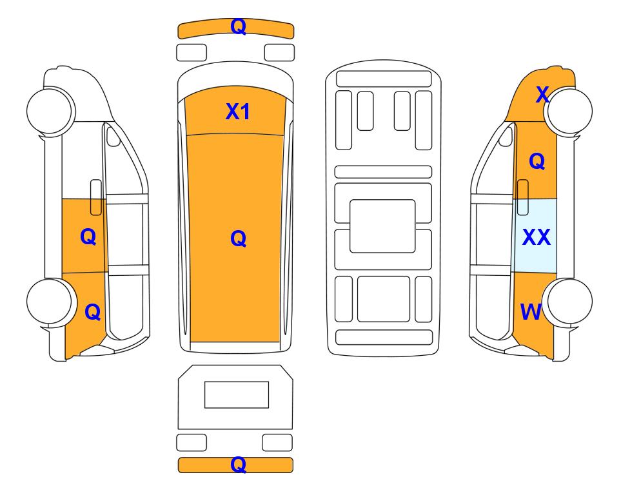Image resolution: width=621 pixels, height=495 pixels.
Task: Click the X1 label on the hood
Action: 237,112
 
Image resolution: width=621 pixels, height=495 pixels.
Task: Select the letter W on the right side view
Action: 531,312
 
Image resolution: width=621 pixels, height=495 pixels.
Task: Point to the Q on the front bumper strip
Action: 239,27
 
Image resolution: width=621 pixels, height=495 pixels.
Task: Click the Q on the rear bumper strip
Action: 239,465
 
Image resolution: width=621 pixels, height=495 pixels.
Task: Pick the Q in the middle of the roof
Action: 239,238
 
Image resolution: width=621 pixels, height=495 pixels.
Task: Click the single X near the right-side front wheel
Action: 542,95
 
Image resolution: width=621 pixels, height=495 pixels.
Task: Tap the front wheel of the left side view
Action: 50,111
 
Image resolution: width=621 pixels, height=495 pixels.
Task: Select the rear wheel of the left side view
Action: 50,302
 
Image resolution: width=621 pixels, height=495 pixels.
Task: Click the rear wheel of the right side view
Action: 568,302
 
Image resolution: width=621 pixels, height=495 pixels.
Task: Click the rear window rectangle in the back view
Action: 237,394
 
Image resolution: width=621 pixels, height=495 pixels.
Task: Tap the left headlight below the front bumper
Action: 192,53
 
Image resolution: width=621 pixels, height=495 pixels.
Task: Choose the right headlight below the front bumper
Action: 279,53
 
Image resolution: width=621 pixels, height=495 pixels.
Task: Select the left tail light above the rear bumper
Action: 192,442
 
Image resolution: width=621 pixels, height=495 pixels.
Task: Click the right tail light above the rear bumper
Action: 277,442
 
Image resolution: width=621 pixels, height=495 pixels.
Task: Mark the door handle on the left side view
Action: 96,197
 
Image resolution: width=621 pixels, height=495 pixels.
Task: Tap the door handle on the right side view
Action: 523,197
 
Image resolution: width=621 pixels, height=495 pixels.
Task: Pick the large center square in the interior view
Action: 382,226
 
